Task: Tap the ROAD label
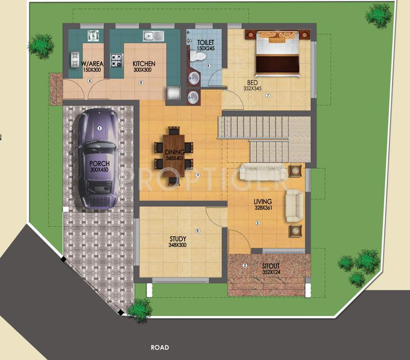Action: (160, 348)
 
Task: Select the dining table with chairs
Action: (174, 155)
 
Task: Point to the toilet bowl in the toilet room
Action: (199, 57)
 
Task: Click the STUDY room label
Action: (178, 239)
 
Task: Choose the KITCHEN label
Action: (144, 64)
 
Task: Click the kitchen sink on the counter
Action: (153, 36)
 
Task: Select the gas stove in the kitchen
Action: (116, 60)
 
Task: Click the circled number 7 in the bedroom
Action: (268, 96)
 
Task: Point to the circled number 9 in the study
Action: (198, 231)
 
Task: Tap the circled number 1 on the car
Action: (99, 128)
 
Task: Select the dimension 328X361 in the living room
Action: (263, 208)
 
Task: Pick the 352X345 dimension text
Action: (253, 88)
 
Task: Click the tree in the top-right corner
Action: (379, 16)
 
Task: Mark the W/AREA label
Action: (92, 64)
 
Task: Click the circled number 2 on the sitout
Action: (245, 266)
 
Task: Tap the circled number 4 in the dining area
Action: (198, 175)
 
